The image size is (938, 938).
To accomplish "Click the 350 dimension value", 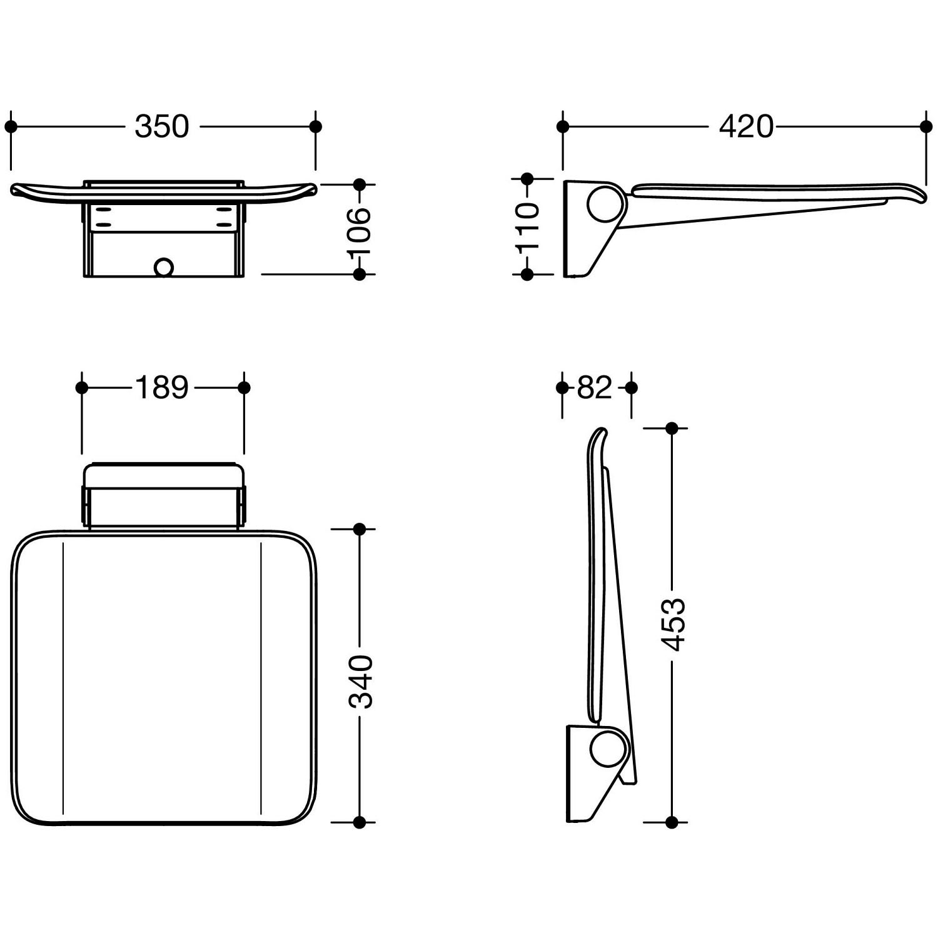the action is click(162, 126).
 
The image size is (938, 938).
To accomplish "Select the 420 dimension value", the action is click(746, 126).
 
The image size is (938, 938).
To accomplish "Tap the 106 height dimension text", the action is click(360, 230).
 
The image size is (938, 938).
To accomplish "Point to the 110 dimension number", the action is click(527, 226).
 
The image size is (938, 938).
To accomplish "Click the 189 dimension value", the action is click(162, 388).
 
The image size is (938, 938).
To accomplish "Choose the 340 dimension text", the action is click(360, 682).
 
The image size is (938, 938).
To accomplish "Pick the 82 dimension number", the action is click(595, 388).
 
